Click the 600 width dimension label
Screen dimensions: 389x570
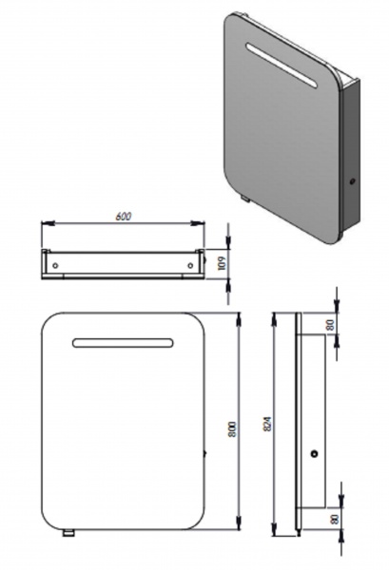(x=124, y=216)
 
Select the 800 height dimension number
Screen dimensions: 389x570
(x=233, y=429)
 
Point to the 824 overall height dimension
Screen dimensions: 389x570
(x=267, y=424)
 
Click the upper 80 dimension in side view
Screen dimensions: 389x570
(x=330, y=325)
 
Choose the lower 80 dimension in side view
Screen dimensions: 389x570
(x=335, y=519)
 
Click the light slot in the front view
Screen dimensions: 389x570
(x=123, y=343)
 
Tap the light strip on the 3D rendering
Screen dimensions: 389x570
(x=282, y=66)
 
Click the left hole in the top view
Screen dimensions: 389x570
(x=55, y=265)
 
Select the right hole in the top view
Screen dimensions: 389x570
(x=190, y=265)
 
